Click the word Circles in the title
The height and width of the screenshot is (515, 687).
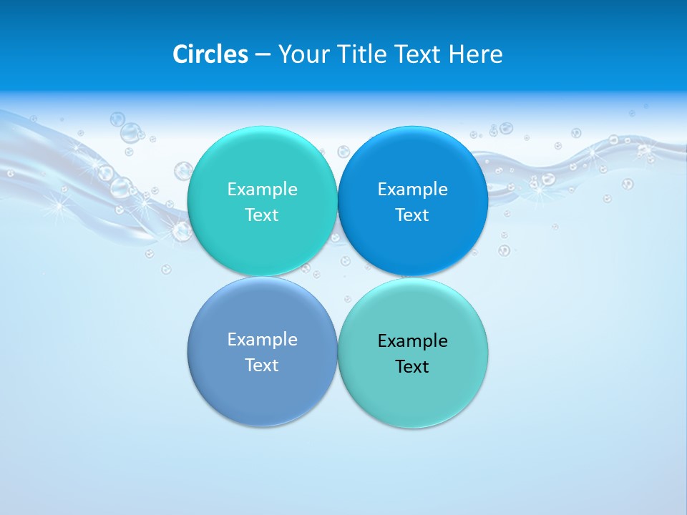[210, 54]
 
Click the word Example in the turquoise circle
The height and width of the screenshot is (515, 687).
[262, 190]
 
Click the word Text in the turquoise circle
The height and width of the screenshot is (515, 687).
[262, 215]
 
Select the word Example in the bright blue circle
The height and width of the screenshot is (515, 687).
[412, 190]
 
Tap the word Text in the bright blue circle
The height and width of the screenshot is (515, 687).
[412, 215]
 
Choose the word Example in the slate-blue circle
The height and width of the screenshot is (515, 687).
[262, 340]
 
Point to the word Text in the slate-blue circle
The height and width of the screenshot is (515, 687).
[262, 365]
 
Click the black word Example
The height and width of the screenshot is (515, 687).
[412, 341]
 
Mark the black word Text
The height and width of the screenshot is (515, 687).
[412, 366]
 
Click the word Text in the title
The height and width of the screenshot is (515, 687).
[418, 54]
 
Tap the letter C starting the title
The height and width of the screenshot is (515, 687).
[180, 54]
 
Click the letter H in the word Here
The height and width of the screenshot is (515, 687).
[456, 54]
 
